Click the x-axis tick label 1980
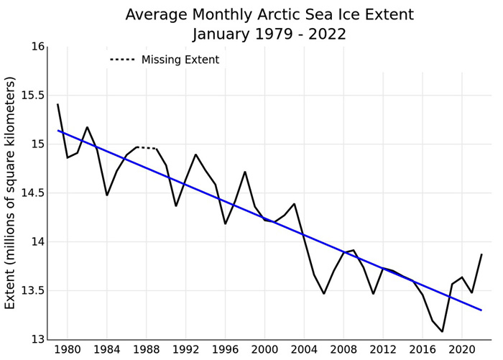pos(68,350)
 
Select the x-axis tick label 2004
pos(304,350)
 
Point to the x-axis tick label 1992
pos(185,350)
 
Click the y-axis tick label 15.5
pos(31,96)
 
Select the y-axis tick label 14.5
pos(31,193)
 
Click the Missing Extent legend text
pos(180,60)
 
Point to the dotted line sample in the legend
pos(122,60)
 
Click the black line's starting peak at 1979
pos(57,105)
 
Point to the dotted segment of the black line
pos(147,148)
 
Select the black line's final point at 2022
pos(481,254)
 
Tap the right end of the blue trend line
pos(481,310)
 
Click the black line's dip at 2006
pos(324,293)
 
